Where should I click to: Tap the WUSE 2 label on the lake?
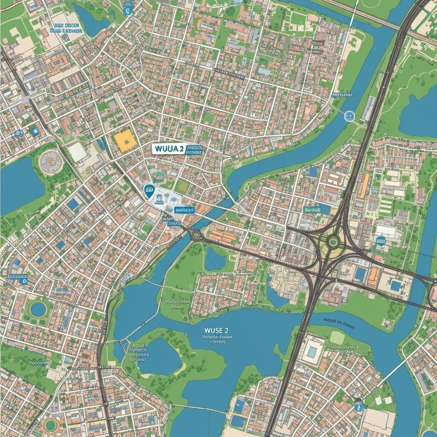click(216, 330)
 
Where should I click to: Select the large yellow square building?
click(124, 141)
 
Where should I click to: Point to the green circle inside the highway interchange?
click(333, 242)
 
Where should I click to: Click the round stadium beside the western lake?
click(50, 161)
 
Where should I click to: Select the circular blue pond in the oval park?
click(38, 309)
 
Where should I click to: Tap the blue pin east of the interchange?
click(381, 241)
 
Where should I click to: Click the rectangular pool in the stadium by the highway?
click(312, 352)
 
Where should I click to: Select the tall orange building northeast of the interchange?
click(364, 186)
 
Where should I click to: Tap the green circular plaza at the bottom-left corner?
click(51, 425)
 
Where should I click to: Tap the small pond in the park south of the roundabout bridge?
click(215, 259)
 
